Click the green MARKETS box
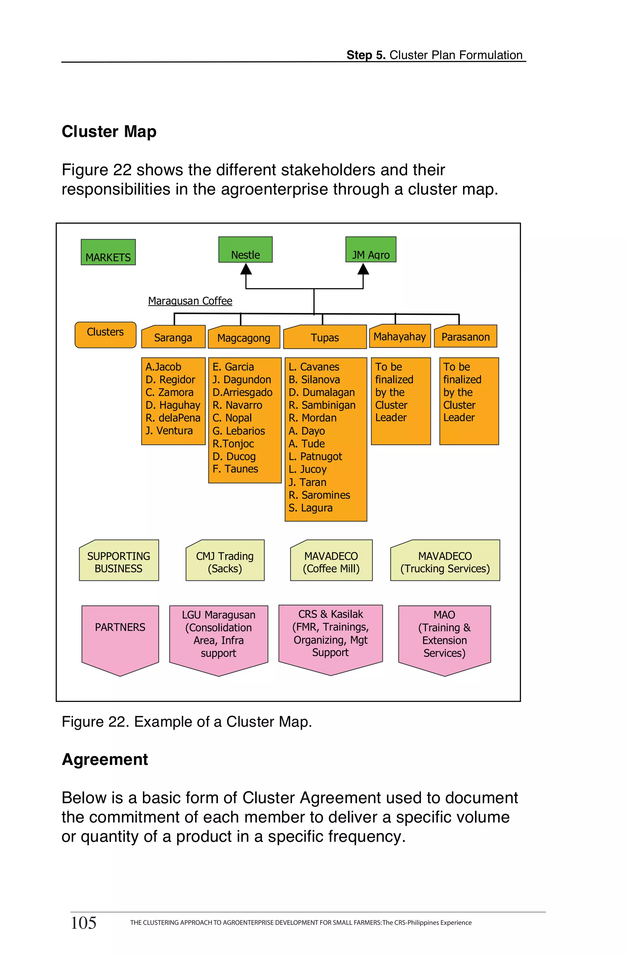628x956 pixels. [108, 252]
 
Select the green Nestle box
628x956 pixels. [245, 250]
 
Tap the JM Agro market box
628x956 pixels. [371, 250]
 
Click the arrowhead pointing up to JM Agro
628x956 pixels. [363, 269]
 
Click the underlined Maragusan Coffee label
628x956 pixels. [190, 301]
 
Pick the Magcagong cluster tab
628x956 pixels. [244, 337]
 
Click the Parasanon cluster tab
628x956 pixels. [465, 337]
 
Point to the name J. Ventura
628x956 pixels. [169, 431]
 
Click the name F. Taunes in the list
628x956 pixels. [235, 469]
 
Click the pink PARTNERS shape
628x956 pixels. [120, 635]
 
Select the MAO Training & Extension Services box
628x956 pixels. [445, 635]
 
